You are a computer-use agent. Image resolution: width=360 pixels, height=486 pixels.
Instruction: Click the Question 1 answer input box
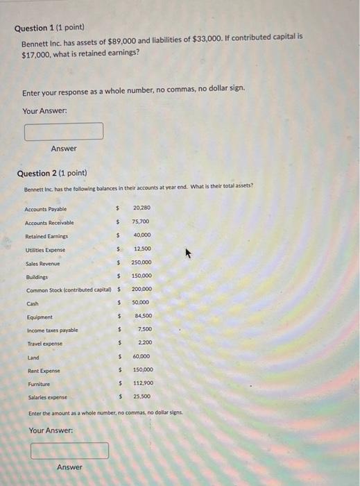point(64,131)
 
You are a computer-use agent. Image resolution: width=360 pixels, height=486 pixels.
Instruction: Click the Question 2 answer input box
point(69,451)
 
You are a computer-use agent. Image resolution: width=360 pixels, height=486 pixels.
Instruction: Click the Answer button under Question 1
point(64,149)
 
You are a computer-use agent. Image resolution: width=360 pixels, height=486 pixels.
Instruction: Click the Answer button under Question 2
point(69,467)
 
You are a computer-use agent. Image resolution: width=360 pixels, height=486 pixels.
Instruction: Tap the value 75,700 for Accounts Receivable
point(140,222)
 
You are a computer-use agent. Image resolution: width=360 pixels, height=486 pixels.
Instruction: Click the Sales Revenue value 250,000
point(141,262)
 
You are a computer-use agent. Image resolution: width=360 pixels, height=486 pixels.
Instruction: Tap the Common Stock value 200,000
point(142,289)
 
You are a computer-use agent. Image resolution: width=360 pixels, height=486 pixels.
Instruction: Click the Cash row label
point(33,303)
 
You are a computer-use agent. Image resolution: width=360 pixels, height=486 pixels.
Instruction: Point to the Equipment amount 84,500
point(143,317)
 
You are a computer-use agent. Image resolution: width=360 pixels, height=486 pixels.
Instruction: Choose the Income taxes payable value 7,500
point(144,330)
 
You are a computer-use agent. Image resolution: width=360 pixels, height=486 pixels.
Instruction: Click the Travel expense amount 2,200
point(144,343)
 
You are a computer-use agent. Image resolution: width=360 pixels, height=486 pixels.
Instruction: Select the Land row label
point(33,358)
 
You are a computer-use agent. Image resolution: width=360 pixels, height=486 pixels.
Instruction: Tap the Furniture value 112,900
point(142,383)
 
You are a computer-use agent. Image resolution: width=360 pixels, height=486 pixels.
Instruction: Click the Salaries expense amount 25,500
point(142,396)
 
